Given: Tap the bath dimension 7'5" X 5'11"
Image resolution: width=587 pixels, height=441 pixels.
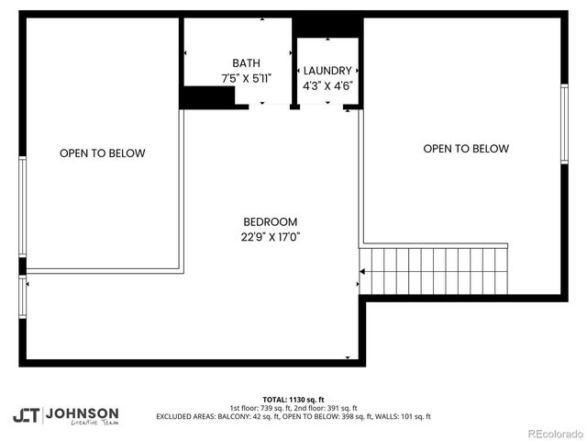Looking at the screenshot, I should [246, 79].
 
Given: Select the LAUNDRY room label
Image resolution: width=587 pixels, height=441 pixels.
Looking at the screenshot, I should [327, 71].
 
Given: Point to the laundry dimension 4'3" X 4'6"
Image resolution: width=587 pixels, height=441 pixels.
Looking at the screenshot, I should [327, 86].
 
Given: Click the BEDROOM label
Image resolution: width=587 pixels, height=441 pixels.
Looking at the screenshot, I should [270, 221].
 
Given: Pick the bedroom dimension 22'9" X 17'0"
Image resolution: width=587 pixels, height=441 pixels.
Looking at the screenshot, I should [270, 237].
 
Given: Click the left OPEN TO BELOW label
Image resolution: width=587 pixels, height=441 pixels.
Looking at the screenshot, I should [102, 153].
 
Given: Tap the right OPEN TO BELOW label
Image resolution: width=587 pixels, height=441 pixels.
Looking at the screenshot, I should [466, 148].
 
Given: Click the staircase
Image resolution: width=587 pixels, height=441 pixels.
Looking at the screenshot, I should [433, 269].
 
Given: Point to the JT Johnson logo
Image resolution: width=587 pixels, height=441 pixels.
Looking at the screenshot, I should [65, 414].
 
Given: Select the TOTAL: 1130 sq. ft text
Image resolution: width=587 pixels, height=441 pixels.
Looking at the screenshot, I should [293, 400].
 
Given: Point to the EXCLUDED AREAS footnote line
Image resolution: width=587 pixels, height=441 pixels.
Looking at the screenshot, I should [293, 416].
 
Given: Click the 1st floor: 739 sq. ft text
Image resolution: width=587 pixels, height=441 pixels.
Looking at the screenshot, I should [260, 408].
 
